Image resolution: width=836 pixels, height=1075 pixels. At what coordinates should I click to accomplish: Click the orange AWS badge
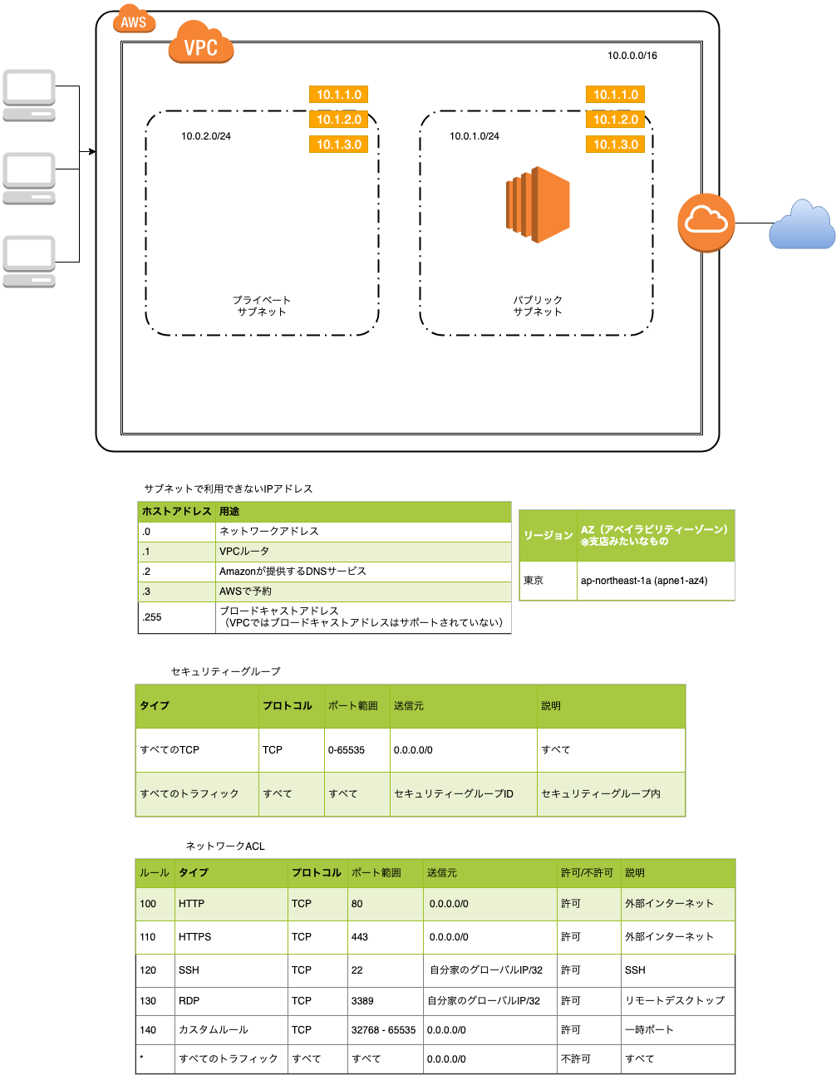[x=134, y=21]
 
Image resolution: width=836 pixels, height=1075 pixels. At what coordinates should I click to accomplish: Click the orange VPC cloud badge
[x=200, y=45]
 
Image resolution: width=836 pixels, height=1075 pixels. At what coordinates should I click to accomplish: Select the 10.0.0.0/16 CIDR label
[x=632, y=56]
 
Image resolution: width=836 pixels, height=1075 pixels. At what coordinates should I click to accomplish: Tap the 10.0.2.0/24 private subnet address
[x=206, y=136]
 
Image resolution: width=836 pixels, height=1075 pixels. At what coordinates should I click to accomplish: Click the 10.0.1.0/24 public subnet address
[x=475, y=136]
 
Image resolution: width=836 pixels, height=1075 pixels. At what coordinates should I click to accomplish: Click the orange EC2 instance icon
[x=538, y=204]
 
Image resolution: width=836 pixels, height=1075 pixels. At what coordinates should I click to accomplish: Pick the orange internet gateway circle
[x=706, y=223]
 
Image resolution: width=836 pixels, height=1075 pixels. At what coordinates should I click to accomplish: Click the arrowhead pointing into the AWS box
[x=92, y=151]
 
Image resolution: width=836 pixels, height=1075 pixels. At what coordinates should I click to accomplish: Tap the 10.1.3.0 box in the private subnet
[x=339, y=145]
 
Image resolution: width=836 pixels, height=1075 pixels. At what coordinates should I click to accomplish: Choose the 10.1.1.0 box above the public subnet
[x=616, y=95]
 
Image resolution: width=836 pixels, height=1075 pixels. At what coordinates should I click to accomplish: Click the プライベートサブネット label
[x=262, y=306]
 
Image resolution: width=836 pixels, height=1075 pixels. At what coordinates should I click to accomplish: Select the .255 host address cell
[x=152, y=617]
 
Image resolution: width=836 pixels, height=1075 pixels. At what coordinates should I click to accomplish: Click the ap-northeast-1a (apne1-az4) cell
[x=644, y=581]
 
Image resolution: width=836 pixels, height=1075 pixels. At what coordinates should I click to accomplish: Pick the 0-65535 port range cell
[x=347, y=750]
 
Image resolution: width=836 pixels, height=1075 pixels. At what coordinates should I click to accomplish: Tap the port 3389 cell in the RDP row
[x=362, y=1001]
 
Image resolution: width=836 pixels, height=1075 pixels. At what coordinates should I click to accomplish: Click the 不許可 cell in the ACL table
[x=575, y=1059]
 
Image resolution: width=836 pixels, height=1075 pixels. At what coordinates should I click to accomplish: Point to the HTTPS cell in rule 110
[x=195, y=937]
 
